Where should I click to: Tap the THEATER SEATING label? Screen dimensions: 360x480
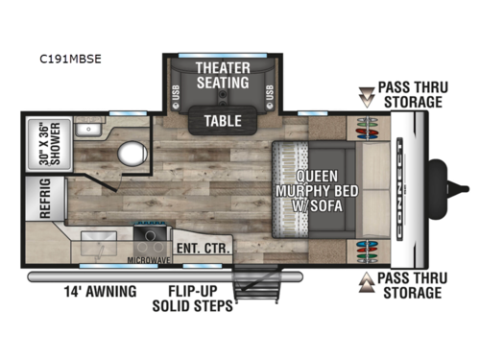223,74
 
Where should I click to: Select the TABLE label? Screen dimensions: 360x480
223,121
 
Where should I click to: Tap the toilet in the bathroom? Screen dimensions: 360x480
125,154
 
